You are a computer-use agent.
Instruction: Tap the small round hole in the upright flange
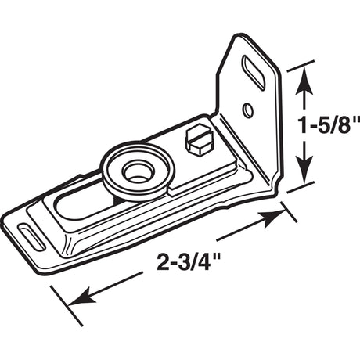coord(247,109)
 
